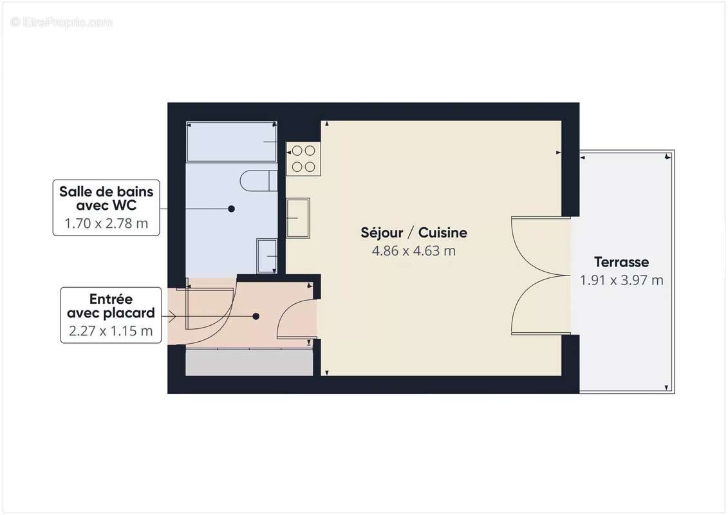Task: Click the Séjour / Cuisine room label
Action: click(x=413, y=232)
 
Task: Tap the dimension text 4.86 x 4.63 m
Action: click(x=413, y=251)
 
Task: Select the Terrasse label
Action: click(x=621, y=262)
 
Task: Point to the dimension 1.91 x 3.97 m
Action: click(x=621, y=280)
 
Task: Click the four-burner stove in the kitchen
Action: click(x=303, y=159)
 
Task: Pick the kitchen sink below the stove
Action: click(x=298, y=218)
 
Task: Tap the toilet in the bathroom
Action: click(x=259, y=181)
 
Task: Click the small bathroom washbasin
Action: click(x=266, y=256)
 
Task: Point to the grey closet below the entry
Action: click(x=249, y=362)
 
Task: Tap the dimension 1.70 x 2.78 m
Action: click(x=106, y=224)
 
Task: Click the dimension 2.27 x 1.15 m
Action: click(x=111, y=332)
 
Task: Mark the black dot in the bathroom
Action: click(x=231, y=209)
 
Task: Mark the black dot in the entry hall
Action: click(x=256, y=316)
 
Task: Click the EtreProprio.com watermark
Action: click(x=62, y=23)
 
